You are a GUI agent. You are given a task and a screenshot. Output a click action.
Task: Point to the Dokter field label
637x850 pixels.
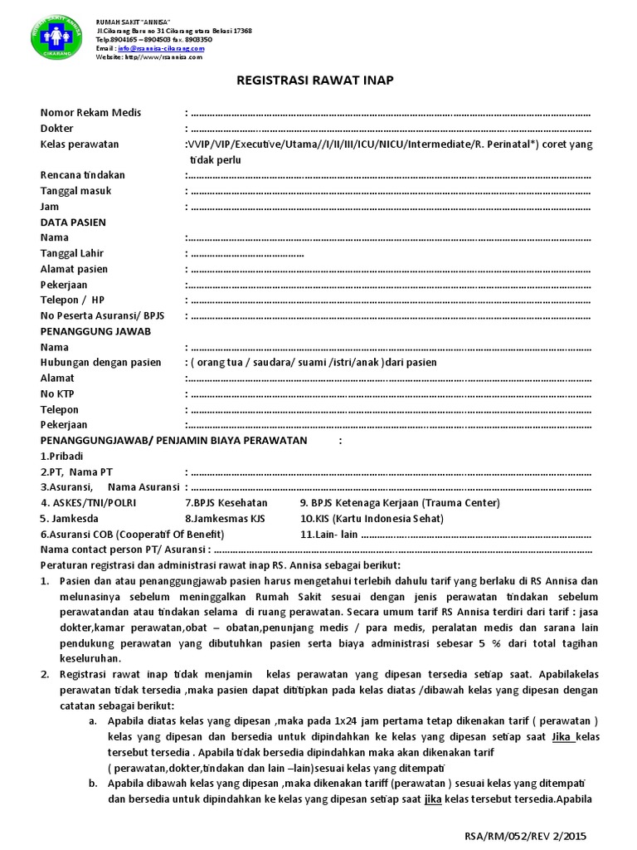coord(56,129)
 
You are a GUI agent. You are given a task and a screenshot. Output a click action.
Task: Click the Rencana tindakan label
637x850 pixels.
coord(83,175)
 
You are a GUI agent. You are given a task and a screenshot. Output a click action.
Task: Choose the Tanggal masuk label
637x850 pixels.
coord(75,191)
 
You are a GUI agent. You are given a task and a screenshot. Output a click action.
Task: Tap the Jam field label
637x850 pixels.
coord(50,207)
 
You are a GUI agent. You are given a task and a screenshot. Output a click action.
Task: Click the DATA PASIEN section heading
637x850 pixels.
coord(73,222)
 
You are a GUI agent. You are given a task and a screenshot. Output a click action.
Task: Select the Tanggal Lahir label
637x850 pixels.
coord(72,253)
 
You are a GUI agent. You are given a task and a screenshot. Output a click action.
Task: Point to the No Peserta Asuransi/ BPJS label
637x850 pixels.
coord(103,315)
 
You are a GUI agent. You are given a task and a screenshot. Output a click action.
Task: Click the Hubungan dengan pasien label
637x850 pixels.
coord(100,362)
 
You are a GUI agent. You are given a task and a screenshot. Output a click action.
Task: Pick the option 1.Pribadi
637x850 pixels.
coord(62,456)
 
